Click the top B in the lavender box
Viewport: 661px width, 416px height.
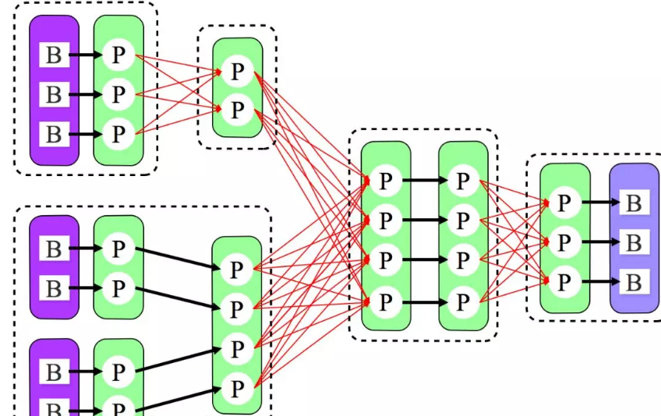click(x=634, y=203)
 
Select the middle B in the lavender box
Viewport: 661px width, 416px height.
click(x=634, y=242)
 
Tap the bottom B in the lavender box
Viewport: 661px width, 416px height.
click(x=634, y=281)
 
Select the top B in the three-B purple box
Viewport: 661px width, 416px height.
click(x=54, y=55)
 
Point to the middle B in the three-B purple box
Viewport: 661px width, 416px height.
click(x=54, y=95)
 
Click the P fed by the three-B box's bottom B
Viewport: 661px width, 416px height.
click(x=118, y=134)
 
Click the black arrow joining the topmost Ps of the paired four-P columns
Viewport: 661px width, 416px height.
click(x=424, y=182)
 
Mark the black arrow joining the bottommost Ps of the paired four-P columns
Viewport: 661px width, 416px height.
click(x=424, y=301)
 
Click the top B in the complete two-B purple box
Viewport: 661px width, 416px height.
click(x=54, y=249)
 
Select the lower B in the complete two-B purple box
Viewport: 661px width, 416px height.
click(x=54, y=288)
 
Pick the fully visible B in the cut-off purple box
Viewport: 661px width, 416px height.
click(x=54, y=372)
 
